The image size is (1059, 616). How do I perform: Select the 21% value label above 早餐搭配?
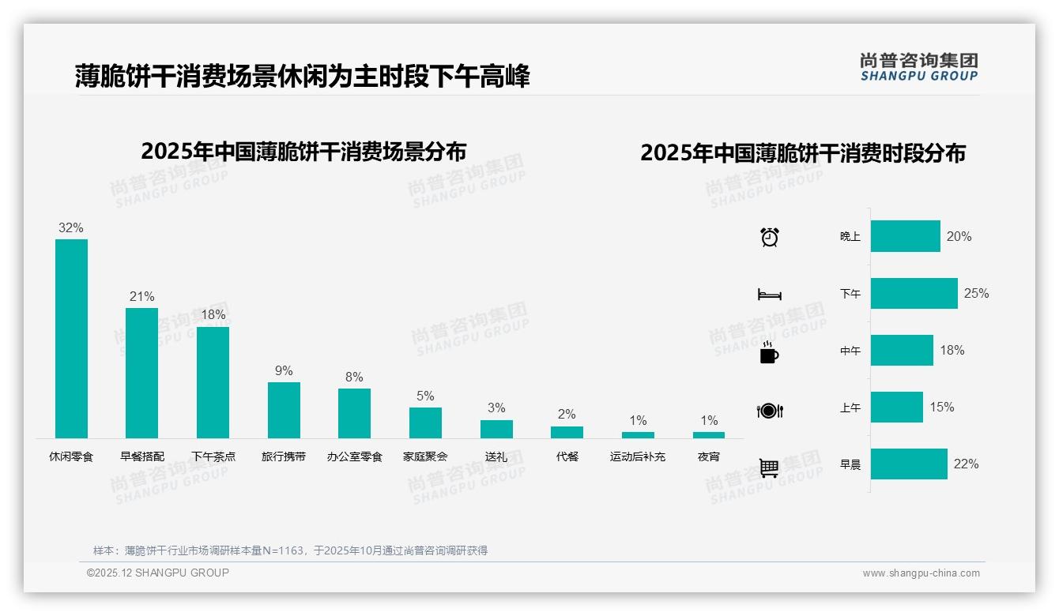pos(141,297)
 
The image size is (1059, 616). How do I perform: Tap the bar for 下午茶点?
pos(213,382)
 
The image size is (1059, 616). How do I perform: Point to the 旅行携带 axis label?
pos(284,456)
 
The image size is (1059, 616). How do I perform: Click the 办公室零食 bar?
pos(354,413)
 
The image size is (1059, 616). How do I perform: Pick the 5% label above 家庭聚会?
pos(425,396)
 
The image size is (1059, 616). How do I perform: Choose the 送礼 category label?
pos(496,456)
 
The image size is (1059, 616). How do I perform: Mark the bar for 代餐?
pos(567,432)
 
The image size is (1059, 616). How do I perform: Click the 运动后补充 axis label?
pos(638,456)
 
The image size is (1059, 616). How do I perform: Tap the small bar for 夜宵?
pos(709,435)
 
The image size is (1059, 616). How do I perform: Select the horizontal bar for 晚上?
pos(906,236)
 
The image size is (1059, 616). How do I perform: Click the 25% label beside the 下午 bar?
pos(976,294)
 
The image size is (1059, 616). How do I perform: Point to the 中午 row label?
pos(850,351)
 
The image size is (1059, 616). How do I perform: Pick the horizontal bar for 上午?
pos(897,408)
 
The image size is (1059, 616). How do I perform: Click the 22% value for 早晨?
pos(966,464)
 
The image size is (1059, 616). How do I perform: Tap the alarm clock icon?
pos(770,237)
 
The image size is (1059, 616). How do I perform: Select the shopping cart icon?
pos(769,468)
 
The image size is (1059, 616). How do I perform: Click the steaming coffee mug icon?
pos(769,352)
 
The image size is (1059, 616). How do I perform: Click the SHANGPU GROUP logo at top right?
pos(918,66)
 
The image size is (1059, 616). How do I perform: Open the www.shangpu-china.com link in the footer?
pos(921,573)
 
